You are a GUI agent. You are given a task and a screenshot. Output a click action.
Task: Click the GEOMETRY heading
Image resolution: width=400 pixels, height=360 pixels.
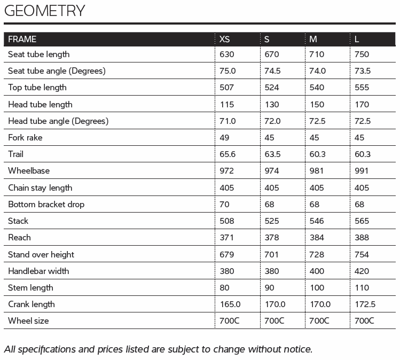(44, 11)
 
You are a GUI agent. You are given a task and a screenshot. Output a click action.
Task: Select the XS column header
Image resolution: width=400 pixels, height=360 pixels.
(225, 39)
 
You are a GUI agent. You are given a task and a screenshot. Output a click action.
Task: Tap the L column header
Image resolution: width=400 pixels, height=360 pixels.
(357, 39)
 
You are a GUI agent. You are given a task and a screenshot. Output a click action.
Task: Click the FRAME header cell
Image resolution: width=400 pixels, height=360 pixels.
(22, 39)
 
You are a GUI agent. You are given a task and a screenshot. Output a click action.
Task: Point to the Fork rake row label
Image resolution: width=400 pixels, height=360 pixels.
(25, 138)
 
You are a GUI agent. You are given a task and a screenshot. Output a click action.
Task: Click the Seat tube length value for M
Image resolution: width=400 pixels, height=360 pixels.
(317, 54)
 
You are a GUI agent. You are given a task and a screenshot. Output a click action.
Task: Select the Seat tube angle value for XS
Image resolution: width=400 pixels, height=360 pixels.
(228, 71)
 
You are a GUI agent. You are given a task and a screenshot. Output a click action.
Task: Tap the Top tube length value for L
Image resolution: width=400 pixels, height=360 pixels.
(362, 88)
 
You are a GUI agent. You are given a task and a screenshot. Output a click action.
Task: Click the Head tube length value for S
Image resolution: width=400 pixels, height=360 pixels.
(272, 105)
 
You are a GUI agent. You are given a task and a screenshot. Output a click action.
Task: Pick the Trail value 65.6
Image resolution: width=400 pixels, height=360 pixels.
(228, 154)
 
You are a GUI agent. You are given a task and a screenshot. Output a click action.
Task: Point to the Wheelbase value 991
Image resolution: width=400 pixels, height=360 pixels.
(362, 171)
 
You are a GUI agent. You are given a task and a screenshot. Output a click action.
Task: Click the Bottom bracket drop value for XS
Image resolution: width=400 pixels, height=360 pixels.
(225, 205)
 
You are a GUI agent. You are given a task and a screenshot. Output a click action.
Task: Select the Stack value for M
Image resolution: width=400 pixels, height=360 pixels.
(317, 221)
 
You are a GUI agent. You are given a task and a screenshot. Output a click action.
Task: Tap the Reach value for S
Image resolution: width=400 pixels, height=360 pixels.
(272, 238)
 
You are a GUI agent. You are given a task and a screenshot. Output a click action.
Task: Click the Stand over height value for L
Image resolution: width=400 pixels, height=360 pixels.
(362, 255)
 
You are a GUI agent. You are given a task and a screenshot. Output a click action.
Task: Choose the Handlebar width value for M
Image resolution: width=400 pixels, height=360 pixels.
(317, 271)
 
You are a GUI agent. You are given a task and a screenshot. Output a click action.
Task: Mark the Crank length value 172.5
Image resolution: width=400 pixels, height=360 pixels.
(365, 304)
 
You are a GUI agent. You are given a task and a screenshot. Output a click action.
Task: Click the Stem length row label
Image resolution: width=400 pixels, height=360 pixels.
(30, 288)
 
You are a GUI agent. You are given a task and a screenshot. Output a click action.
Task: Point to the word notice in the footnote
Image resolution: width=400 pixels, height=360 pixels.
(296, 349)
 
